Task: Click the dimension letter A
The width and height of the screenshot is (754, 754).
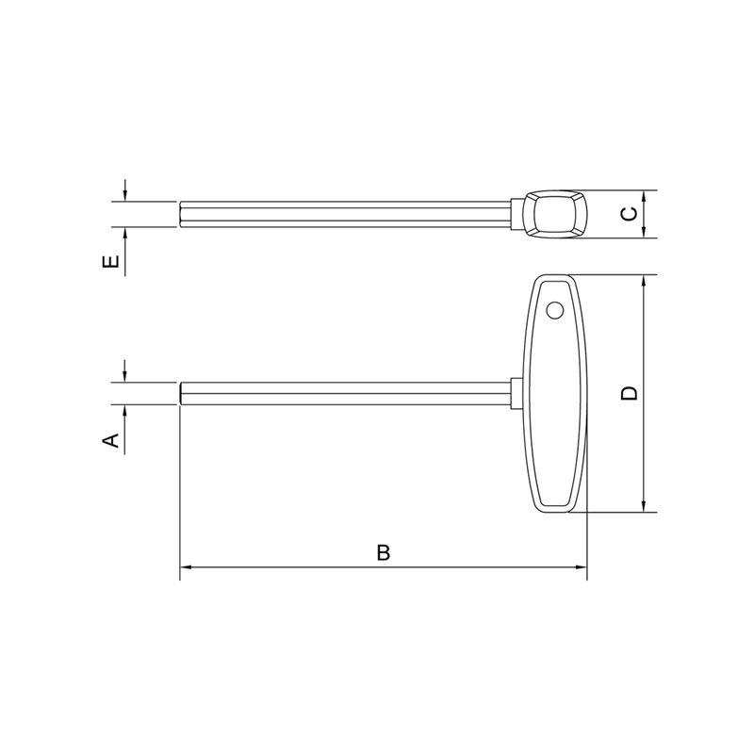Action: (111, 440)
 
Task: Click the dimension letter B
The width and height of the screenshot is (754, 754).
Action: (384, 553)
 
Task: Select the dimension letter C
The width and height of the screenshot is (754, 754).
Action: (630, 214)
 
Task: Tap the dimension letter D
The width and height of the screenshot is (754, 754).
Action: (629, 393)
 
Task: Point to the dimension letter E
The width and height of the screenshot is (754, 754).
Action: (111, 262)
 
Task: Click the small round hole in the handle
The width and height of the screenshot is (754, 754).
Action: (555, 311)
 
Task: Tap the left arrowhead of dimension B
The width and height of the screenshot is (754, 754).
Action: (186, 567)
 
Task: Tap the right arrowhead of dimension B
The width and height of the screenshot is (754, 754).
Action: (581, 567)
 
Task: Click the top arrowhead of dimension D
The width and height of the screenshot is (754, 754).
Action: (644, 281)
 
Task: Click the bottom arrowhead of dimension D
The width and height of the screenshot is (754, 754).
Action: (644, 506)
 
